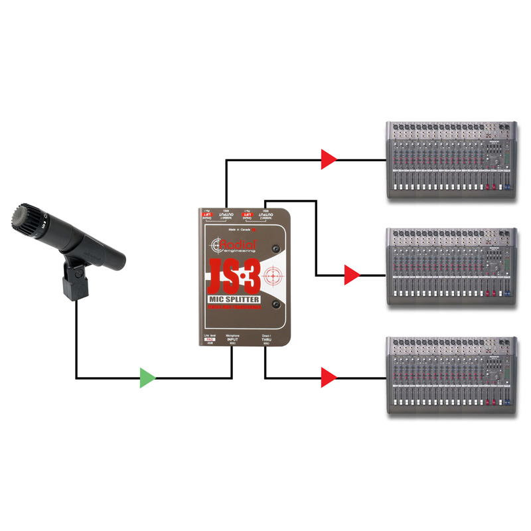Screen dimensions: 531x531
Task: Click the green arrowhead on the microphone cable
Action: point(147,378)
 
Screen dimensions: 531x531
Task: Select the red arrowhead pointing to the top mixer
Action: point(328,159)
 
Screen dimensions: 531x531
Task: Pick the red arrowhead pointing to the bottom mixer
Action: point(328,378)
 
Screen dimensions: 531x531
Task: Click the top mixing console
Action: point(451,160)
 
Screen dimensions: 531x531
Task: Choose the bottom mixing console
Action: point(451,376)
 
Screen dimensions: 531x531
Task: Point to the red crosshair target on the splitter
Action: point(272,275)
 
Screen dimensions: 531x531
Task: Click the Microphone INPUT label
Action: point(232,339)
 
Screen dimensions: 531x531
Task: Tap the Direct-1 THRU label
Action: point(265,339)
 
